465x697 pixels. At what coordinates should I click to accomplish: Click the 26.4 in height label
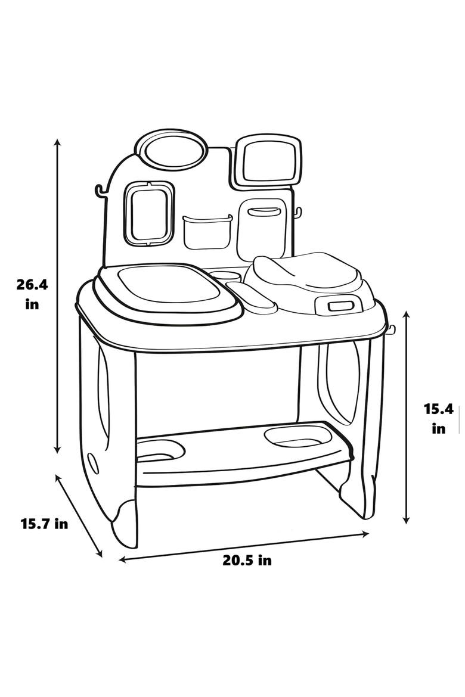tap(32, 294)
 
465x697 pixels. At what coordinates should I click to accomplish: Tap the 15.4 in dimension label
tap(439, 418)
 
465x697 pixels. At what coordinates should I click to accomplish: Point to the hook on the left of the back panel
tap(101, 191)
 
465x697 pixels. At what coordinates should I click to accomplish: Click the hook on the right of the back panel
tap(297, 213)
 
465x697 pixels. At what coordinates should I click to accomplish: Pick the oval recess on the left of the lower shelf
tap(161, 450)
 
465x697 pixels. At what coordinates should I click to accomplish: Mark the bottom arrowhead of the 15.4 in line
tap(405, 519)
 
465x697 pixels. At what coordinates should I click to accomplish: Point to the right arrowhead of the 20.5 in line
tap(366, 533)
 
